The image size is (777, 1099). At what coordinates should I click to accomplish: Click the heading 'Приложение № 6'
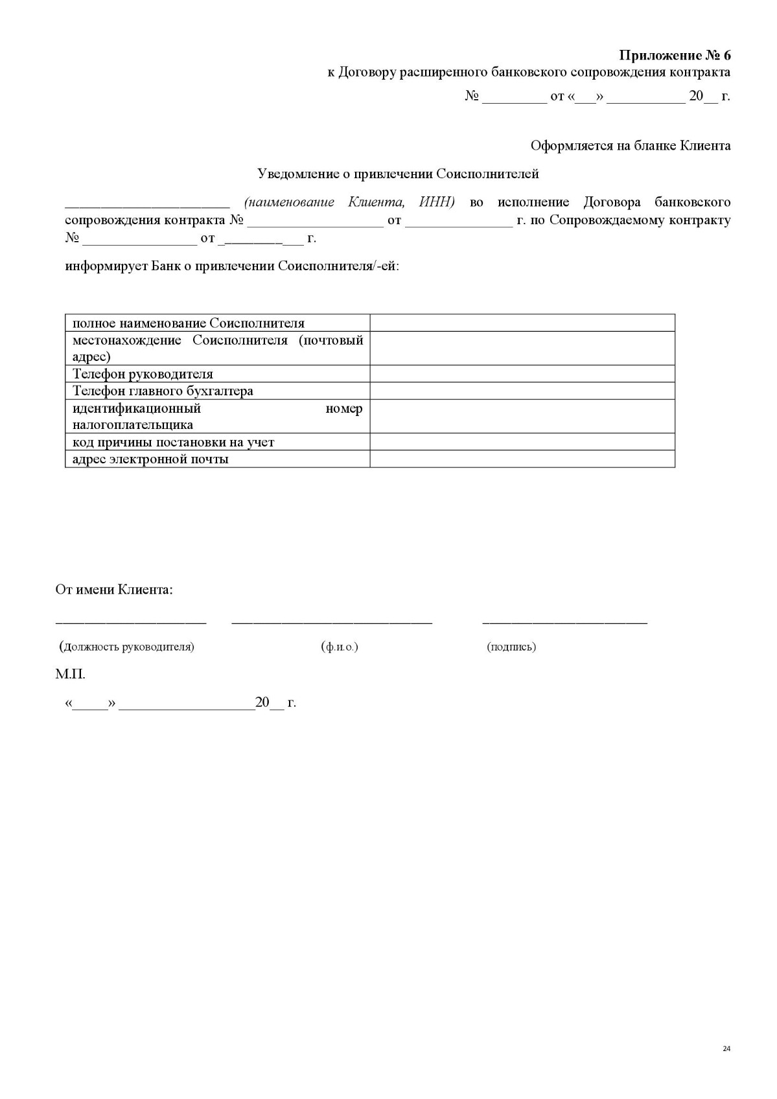click(675, 54)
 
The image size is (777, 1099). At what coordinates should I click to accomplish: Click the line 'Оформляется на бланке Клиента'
click(630, 145)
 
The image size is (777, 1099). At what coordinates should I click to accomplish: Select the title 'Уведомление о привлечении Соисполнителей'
click(398, 174)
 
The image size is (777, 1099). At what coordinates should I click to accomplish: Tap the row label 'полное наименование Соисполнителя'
click(188, 323)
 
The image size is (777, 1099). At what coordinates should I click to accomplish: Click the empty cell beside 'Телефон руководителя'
click(522, 374)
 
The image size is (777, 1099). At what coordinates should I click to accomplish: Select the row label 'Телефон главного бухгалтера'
click(163, 391)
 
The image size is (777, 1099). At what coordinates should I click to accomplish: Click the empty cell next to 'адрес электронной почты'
click(522, 459)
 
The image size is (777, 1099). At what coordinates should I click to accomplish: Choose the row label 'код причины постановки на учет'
click(173, 442)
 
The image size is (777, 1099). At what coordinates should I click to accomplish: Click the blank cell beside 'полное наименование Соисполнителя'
click(522, 323)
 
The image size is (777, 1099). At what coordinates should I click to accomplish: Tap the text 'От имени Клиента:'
click(114, 590)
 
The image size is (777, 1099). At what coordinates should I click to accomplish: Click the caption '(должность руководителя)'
click(126, 646)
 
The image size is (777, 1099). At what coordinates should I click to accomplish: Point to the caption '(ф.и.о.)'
click(339, 646)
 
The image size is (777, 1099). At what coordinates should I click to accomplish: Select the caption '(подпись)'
click(511, 646)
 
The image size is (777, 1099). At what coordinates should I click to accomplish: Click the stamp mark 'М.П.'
click(70, 674)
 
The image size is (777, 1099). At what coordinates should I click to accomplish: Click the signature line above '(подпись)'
click(564, 623)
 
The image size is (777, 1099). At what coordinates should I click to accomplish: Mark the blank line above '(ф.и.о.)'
click(331, 623)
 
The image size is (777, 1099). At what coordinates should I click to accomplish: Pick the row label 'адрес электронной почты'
click(150, 459)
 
